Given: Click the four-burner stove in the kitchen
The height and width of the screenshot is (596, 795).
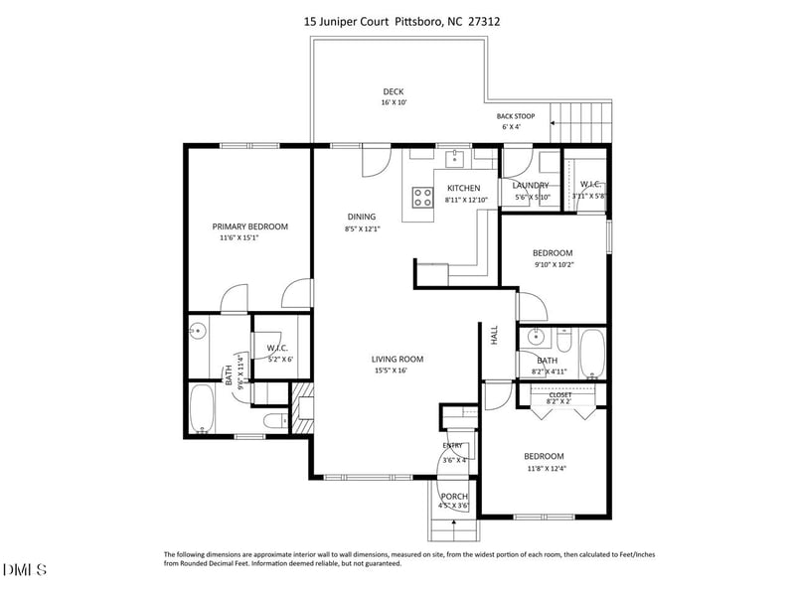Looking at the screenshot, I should point(422,197).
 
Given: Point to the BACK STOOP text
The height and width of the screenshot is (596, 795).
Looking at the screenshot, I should point(517,116).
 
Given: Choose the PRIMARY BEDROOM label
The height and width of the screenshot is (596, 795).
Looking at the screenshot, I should point(249,226).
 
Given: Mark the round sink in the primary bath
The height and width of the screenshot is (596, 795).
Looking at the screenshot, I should point(197,332).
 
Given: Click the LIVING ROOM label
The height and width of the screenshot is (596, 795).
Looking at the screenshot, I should point(397,360).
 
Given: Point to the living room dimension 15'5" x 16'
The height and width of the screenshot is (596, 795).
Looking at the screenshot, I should point(397,372).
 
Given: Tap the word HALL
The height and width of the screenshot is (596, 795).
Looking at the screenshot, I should point(494,336).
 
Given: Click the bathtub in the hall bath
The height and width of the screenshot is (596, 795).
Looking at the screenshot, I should point(590,354).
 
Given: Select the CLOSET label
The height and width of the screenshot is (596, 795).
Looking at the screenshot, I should point(559,394).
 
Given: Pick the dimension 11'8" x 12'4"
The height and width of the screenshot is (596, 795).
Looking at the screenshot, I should point(544,469).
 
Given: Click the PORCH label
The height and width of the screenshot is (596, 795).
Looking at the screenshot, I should point(454,496).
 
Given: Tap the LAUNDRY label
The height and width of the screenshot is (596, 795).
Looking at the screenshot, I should point(531,186).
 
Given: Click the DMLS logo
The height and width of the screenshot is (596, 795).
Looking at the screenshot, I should point(26,569).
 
